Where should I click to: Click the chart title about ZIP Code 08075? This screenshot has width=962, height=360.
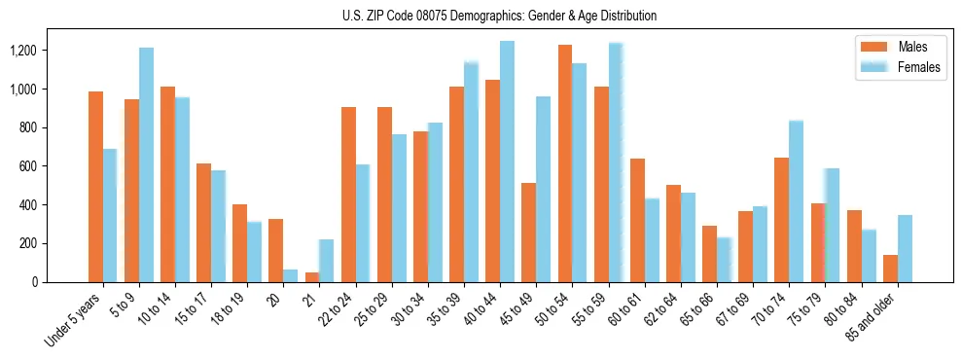click(x=499, y=16)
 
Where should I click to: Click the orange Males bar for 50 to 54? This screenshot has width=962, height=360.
click(x=565, y=163)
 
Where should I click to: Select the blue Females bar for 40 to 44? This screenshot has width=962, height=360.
click(x=507, y=162)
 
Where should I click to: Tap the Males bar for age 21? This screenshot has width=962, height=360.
click(x=312, y=277)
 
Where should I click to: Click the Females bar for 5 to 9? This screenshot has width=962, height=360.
click(x=146, y=164)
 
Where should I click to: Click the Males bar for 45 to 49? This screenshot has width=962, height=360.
click(x=529, y=233)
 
